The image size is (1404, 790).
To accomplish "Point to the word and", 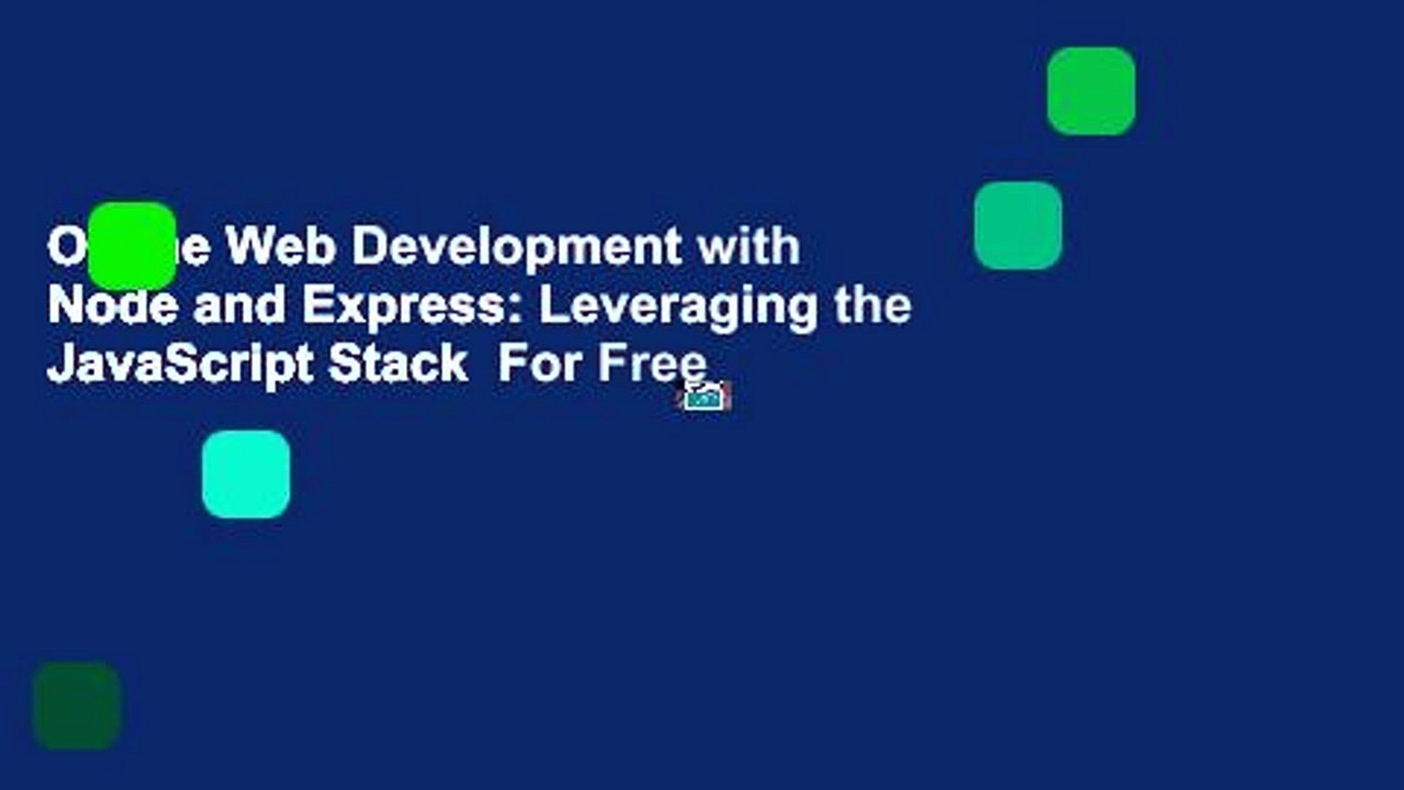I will tap(239, 305).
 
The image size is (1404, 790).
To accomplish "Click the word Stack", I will tap(398, 364).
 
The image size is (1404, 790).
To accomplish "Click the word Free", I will tap(652, 364).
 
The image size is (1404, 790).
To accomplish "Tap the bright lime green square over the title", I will tap(132, 246).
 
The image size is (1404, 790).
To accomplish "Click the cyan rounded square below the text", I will tap(246, 474).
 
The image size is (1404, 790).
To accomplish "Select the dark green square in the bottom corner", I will tap(77, 705).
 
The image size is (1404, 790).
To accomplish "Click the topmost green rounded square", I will tap(1091, 91).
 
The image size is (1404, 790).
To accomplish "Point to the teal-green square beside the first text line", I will tap(1018, 225).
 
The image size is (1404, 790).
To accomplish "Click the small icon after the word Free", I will tap(706, 396).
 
